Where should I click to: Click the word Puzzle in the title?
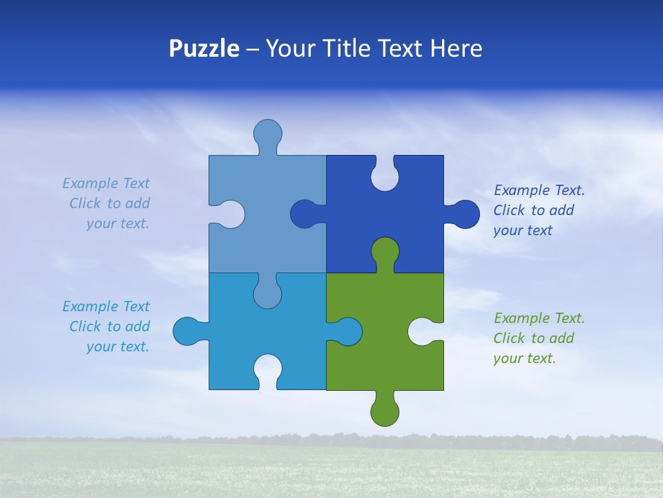coord(204,49)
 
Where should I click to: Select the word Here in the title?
coord(455,49)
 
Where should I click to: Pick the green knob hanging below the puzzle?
coord(385,411)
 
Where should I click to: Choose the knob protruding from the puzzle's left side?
coord(187,331)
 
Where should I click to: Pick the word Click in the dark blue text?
coord(510,210)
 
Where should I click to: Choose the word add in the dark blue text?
coord(561,210)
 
